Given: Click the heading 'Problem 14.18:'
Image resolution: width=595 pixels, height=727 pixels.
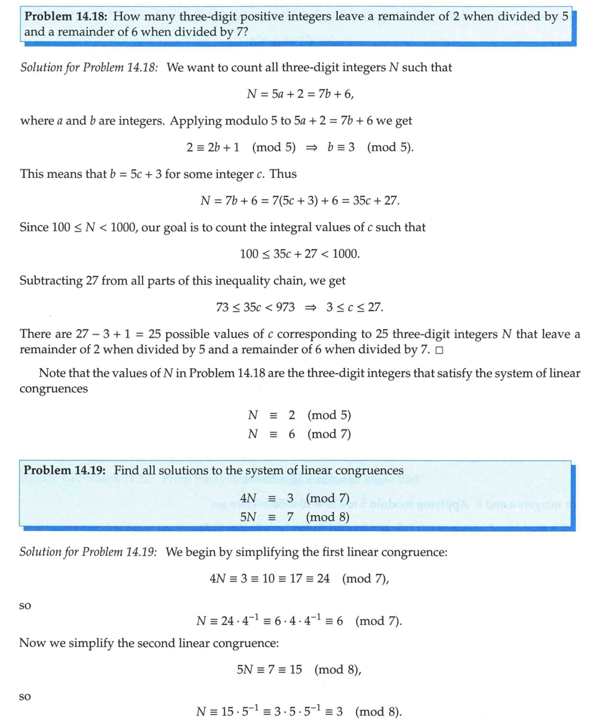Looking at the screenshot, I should point(59,17).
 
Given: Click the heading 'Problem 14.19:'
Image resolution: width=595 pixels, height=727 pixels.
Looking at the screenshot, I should point(59,470).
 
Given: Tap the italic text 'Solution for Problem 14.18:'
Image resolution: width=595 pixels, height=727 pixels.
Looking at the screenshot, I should point(89,67).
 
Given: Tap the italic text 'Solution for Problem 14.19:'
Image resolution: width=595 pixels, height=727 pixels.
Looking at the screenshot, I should point(89,552).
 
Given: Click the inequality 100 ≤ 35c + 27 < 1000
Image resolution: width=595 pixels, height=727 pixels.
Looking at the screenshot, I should point(300,253).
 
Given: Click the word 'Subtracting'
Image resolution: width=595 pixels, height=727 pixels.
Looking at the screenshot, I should point(51,281).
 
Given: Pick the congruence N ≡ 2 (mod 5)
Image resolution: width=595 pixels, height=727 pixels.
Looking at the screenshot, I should point(300,415).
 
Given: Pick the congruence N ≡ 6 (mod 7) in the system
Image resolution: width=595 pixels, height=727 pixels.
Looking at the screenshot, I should point(300,434).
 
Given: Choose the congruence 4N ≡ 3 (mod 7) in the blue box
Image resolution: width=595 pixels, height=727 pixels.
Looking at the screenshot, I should point(295,498).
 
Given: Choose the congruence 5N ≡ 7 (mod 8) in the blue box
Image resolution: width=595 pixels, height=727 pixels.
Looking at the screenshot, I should point(295,516).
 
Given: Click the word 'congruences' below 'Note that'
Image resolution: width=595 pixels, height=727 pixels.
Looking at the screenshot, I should point(54,389).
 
